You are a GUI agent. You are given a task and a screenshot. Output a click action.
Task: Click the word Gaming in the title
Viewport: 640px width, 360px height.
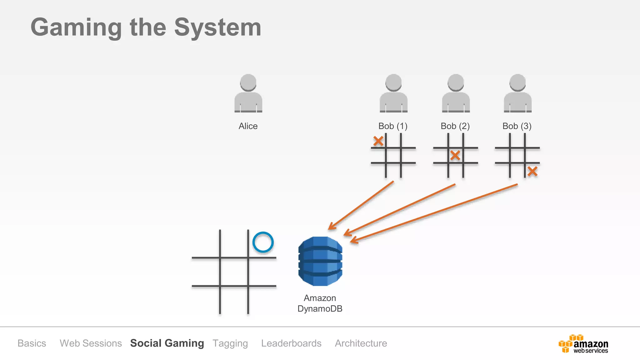click(x=76, y=28)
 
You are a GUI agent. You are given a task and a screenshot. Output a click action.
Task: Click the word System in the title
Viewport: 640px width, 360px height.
click(x=217, y=28)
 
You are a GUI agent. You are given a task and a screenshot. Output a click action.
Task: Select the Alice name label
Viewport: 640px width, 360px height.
click(x=248, y=126)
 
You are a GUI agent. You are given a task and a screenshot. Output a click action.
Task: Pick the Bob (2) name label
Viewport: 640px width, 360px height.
click(x=455, y=126)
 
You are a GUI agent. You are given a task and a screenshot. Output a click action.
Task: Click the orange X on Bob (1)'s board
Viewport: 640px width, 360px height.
click(x=378, y=141)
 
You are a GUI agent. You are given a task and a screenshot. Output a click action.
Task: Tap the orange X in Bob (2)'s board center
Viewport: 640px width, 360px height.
click(x=455, y=155)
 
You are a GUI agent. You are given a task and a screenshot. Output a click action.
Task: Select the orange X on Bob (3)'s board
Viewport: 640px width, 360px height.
click(x=532, y=171)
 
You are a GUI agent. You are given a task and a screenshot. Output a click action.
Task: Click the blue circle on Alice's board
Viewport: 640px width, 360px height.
click(x=263, y=242)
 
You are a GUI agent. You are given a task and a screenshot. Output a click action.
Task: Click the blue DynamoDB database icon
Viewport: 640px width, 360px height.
click(x=320, y=261)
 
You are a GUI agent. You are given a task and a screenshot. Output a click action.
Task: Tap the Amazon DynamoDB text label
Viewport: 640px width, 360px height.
click(x=320, y=303)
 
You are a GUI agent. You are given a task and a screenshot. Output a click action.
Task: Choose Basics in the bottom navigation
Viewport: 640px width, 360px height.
click(x=32, y=343)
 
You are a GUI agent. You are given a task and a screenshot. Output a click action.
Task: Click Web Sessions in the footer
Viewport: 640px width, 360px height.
click(x=91, y=343)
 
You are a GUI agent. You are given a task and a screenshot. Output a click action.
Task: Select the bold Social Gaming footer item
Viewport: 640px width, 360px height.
click(x=167, y=343)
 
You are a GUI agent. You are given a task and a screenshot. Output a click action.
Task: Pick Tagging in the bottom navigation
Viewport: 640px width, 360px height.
click(x=230, y=343)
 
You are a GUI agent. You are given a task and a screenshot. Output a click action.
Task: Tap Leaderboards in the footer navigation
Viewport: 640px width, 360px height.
click(x=291, y=343)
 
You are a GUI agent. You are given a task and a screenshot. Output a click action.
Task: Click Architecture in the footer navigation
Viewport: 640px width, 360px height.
click(x=361, y=343)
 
